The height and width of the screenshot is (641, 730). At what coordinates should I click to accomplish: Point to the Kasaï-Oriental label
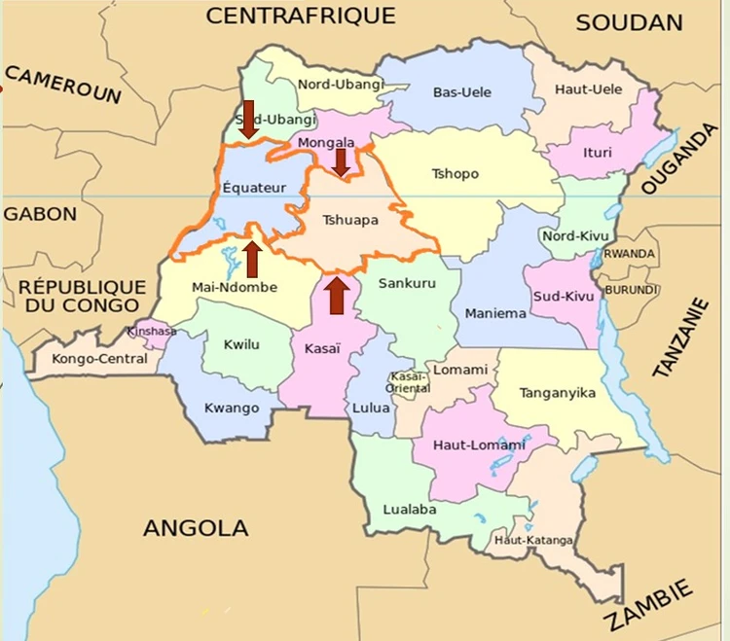[x=411, y=382]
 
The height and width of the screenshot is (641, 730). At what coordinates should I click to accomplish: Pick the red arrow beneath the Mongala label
[x=341, y=161]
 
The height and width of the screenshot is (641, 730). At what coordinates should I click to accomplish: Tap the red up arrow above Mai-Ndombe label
[x=251, y=258]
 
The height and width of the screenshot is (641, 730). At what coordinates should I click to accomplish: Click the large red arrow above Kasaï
[x=336, y=296]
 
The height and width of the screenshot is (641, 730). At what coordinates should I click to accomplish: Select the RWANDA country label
[x=629, y=253]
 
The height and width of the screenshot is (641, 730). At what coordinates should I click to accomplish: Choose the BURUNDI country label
[x=632, y=290]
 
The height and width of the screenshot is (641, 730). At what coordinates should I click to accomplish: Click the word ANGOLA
[x=196, y=528]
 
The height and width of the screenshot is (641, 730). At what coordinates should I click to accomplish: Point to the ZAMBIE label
[x=651, y=604]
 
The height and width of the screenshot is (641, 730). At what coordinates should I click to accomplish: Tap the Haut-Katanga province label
[x=533, y=540]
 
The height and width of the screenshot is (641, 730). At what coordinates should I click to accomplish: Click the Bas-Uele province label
[x=462, y=92]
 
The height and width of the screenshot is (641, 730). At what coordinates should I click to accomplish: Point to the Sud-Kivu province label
[x=562, y=293]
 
